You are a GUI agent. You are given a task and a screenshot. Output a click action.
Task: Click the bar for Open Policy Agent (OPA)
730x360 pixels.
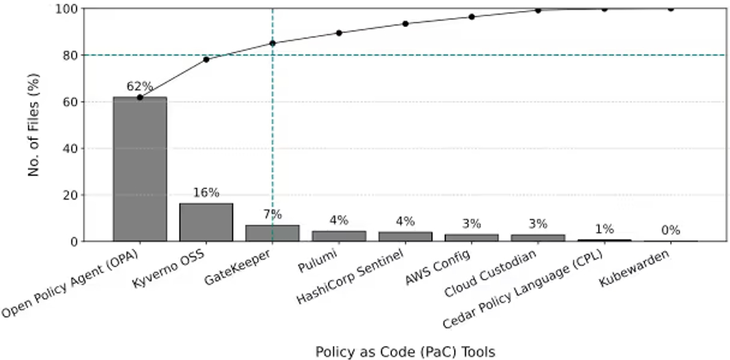point(139,169)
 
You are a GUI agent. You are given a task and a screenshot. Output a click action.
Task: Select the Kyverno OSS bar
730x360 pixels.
point(206,222)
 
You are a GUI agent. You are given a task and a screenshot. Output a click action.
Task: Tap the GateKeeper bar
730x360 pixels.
point(272,233)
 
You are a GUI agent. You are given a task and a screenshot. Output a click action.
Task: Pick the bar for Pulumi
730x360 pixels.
point(339,236)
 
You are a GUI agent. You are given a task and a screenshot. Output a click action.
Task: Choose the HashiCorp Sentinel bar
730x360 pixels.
point(405,237)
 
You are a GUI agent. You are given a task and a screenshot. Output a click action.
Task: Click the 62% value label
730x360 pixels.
point(139,87)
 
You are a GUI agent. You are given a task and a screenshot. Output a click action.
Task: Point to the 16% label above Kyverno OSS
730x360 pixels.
point(206,193)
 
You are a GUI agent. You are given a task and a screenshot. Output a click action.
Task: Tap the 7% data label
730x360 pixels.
point(272,215)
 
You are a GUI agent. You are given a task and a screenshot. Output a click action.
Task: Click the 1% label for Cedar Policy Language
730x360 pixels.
point(604,229)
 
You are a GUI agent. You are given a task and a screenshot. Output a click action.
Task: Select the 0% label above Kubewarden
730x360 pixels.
point(670,231)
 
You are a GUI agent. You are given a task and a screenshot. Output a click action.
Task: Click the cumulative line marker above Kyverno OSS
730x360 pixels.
point(206,59)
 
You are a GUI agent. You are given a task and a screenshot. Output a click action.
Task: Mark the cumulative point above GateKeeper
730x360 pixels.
point(272,43)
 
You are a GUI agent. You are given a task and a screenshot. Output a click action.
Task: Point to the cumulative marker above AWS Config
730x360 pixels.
point(472,16)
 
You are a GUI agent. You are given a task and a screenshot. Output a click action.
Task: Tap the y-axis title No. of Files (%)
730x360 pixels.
point(34,124)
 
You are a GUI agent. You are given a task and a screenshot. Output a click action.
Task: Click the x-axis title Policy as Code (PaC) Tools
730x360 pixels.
point(405,352)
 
